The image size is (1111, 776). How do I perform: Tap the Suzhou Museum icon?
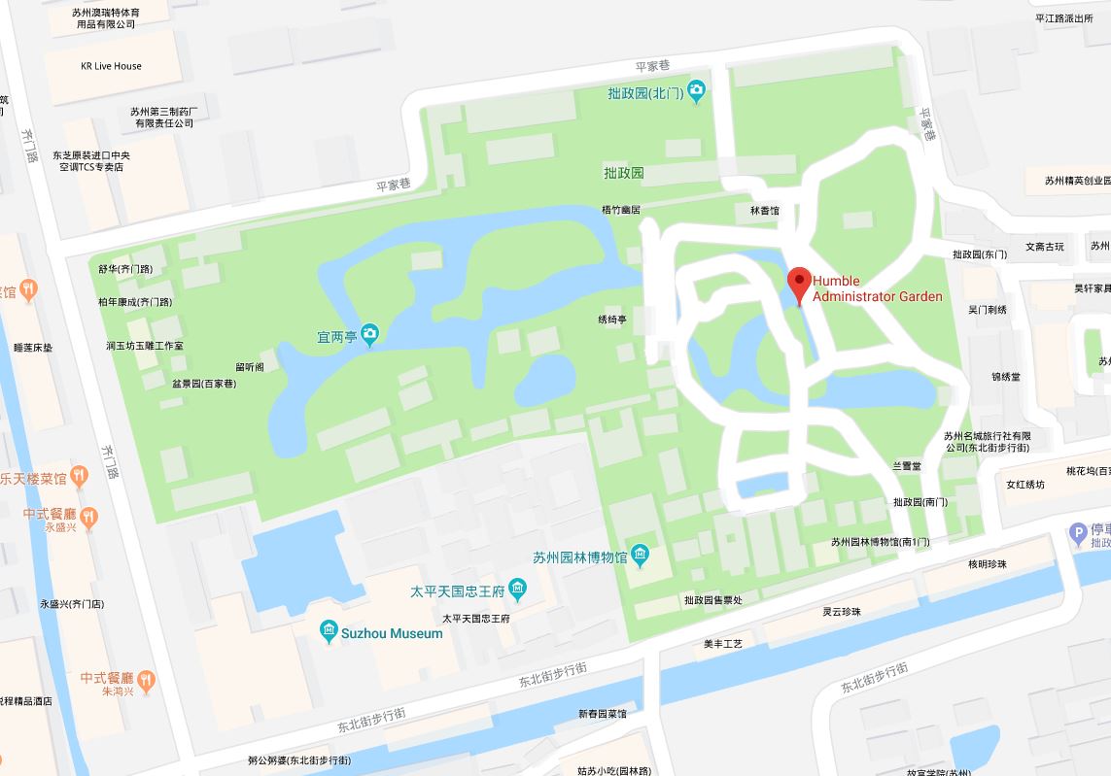click(x=329, y=633)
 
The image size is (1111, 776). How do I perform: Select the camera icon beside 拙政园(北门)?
click(x=696, y=92)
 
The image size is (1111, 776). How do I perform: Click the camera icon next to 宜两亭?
click(x=369, y=336)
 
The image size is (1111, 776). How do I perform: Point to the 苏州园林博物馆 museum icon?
click(x=640, y=557)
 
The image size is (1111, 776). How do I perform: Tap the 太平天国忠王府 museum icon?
click(x=517, y=590)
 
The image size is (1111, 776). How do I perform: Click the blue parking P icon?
click(x=1076, y=532)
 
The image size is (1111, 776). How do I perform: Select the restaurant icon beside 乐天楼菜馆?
click(x=79, y=477)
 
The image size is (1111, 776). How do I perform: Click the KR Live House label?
click(x=111, y=66)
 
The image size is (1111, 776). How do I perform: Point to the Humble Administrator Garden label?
click(x=877, y=288)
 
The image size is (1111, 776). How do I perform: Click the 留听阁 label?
click(x=249, y=366)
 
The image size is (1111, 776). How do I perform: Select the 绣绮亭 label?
click(x=612, y=320)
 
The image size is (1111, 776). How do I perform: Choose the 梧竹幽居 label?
click(x=621, y=210)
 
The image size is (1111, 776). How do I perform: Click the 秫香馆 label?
click(x=764, y=210)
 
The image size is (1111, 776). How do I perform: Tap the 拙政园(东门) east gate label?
click(x=980, y=254)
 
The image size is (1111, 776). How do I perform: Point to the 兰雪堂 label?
click(x=907, y=466)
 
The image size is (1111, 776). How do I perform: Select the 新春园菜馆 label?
click(x=603, y=714)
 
